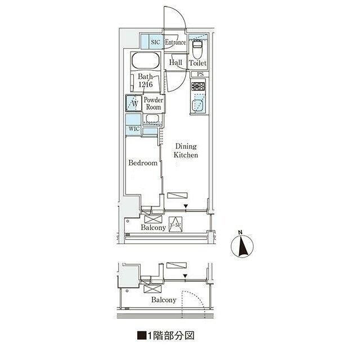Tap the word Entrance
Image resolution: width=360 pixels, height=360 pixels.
pos(175,42)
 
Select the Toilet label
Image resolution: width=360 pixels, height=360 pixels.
pos(197,64)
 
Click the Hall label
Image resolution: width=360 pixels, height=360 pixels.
pos(175,63)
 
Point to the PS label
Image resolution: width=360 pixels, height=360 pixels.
pos(200,74)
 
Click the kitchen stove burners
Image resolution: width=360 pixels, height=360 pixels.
pos(199,87)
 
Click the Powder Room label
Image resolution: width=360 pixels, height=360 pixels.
pos(153,103)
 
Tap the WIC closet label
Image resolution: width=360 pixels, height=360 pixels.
pos(133,129)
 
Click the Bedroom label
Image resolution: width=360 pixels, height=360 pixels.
pos(143,163)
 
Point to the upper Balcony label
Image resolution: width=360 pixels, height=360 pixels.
pos(153,228)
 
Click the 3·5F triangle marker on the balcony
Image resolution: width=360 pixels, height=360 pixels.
pos(175,224)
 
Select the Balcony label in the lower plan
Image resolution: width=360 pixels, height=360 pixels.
pos(164,300)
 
